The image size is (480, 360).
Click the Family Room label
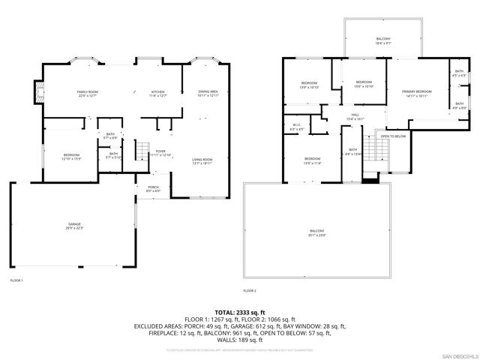point(88,92)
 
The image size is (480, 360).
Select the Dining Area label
point(208,93)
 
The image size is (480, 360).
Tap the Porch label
point(153,187)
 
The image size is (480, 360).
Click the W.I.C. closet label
point(297,127)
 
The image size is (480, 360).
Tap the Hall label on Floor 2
point(355,116)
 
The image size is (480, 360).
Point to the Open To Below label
point(393,136)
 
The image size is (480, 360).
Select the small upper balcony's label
point(382,40)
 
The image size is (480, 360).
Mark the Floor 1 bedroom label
point(71,156)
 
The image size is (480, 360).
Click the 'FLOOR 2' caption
point(250,290)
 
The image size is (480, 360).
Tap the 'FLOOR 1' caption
point(16,280)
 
